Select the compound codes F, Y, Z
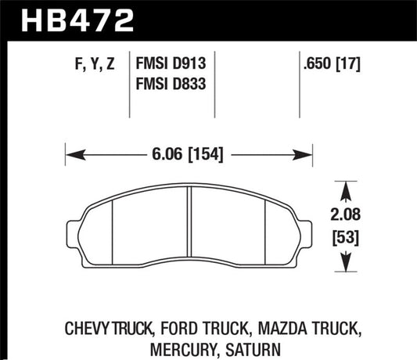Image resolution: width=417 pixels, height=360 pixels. point(92,66)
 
